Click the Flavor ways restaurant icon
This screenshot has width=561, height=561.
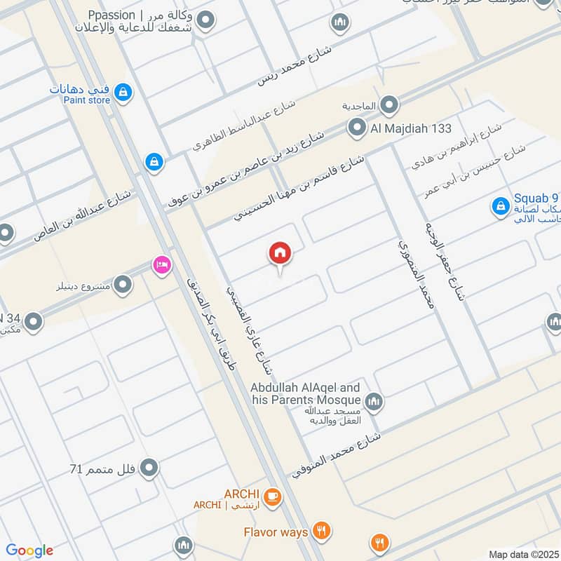coord(322,532)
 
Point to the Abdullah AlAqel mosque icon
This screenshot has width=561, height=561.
coord(374,401)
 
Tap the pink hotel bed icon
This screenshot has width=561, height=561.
coord(162,266)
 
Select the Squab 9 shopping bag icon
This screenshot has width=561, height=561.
coord(500,206)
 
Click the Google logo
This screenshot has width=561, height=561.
coord(29,550)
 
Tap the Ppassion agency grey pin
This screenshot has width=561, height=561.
coord(205,22)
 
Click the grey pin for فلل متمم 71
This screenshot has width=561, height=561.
coord(149,467)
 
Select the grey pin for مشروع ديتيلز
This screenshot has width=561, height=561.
coord(123,285)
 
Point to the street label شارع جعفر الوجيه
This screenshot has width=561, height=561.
coord(446,261)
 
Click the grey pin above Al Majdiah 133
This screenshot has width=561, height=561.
coord(390,106)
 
